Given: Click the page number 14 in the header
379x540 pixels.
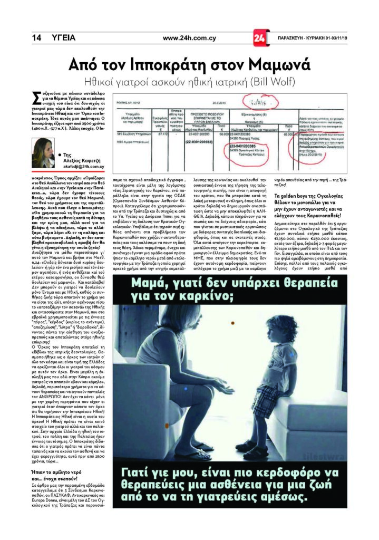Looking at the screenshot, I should (36, 38).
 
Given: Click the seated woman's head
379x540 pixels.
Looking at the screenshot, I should (168, 330).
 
